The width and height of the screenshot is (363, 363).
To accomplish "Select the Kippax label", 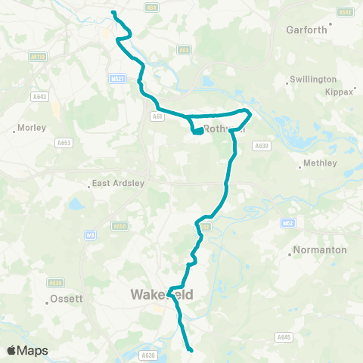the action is tap(340, 92).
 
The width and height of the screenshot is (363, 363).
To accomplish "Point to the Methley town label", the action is tap(318, 163).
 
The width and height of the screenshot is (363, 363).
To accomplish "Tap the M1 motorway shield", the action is tap(90, 236).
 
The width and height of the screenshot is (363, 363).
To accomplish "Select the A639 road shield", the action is tap(262, 145).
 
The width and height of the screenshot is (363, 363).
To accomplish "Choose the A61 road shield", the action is tap(157, 116).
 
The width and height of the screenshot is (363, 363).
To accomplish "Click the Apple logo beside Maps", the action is tap(11, 350).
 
